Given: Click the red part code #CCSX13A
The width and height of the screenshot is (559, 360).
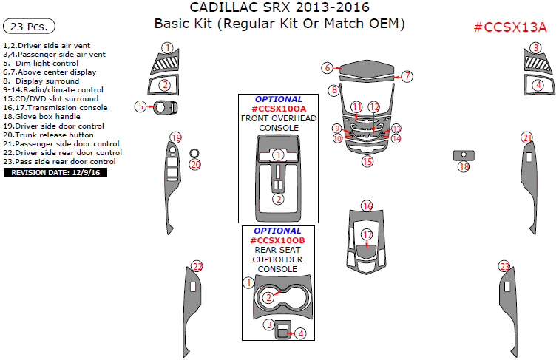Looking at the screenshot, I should tap(509, 28).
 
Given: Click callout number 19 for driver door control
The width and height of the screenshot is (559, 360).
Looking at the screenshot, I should tap(175, 137).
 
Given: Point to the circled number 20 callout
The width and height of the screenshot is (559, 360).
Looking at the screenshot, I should tap(195, 165).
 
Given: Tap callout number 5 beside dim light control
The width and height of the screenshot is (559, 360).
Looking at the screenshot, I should tap(140, 106).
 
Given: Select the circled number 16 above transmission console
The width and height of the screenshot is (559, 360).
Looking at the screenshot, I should tap(367, 206).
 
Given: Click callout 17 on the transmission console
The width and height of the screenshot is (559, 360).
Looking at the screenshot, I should tap(367, 234).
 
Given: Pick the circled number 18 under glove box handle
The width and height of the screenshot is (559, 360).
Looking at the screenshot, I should tap(464, 168).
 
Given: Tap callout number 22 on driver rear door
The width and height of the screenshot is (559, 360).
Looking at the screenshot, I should tap(197, 266).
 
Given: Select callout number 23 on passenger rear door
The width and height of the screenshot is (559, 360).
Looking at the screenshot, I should tap(504, 266).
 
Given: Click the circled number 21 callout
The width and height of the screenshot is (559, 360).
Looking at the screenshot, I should tap(526, 137).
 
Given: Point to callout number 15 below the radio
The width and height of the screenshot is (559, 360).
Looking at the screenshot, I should tap(367, 160).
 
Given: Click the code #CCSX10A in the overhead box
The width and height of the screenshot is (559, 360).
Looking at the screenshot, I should tap(278, 109).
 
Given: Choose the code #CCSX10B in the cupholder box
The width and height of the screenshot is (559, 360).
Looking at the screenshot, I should tap(278, 240).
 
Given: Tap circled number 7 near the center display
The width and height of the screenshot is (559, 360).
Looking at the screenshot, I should tap(407, 76).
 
